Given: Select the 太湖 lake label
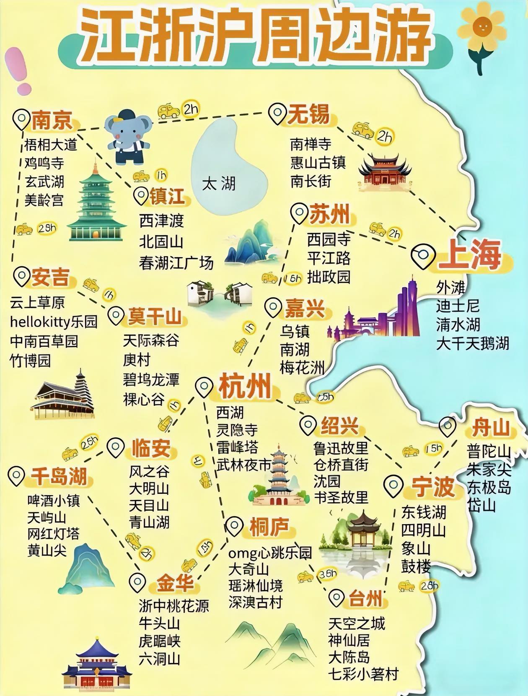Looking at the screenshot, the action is [x=219, y=184].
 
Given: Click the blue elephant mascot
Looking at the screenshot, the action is [x=127, y=137].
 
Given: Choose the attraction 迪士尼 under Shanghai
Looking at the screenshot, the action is [x=458, y=306].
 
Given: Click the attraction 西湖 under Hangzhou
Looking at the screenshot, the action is [x=230, y=413].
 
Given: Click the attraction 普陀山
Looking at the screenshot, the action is [x=489, y=452].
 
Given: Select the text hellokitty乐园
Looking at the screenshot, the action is [x=54, y=322].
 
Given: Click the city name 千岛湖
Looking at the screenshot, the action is [x=59, y=476].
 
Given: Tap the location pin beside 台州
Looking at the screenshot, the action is [x=336, y=598].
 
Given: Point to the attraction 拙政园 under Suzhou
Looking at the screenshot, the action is [x=329, y=277].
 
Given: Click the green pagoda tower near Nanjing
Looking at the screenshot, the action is [x=97, y=205].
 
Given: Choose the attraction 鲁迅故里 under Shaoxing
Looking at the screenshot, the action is [x=340, y=448].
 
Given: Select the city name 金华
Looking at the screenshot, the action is [x=175, y=583].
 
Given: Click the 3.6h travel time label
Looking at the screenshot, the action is [x=328, y=574].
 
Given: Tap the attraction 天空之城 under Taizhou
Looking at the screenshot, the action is [x=357, y=623].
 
